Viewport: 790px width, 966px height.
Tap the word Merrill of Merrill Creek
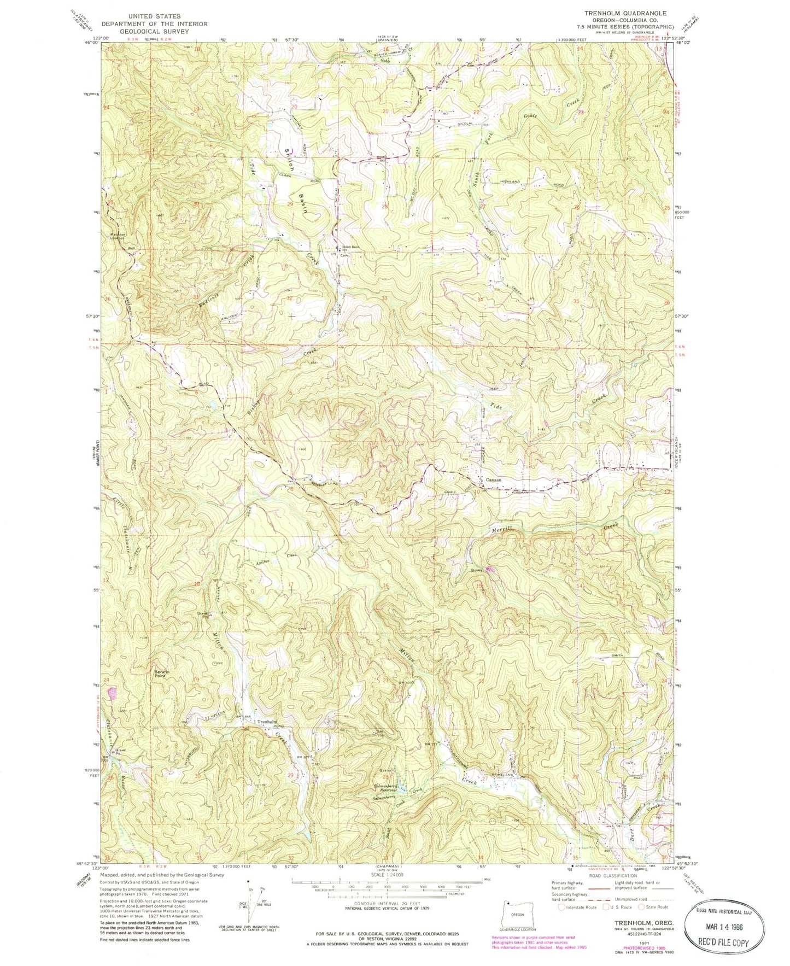pyautogui.click(x=501, y=529)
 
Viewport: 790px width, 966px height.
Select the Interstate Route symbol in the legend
pyautogui.click(x=561, y=907)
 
